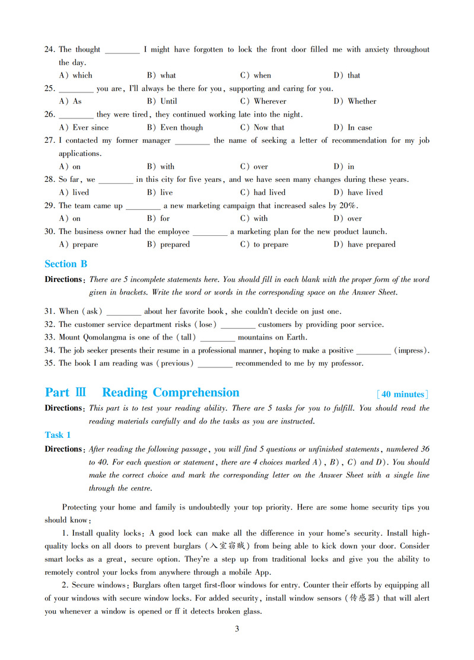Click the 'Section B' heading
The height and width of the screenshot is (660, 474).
tap(66, 264)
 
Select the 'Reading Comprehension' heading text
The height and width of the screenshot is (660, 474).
tap(171, 393)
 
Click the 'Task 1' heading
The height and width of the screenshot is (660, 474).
tap(58, 435)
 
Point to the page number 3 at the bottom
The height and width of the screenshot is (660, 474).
tap(237, 629)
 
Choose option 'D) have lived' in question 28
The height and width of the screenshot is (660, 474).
tap(358, 193)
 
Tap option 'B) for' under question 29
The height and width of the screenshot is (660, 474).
tap(158, 219)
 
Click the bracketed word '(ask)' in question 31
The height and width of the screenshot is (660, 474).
tap(92, 311)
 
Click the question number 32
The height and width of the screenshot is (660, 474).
tap(50, 324)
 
